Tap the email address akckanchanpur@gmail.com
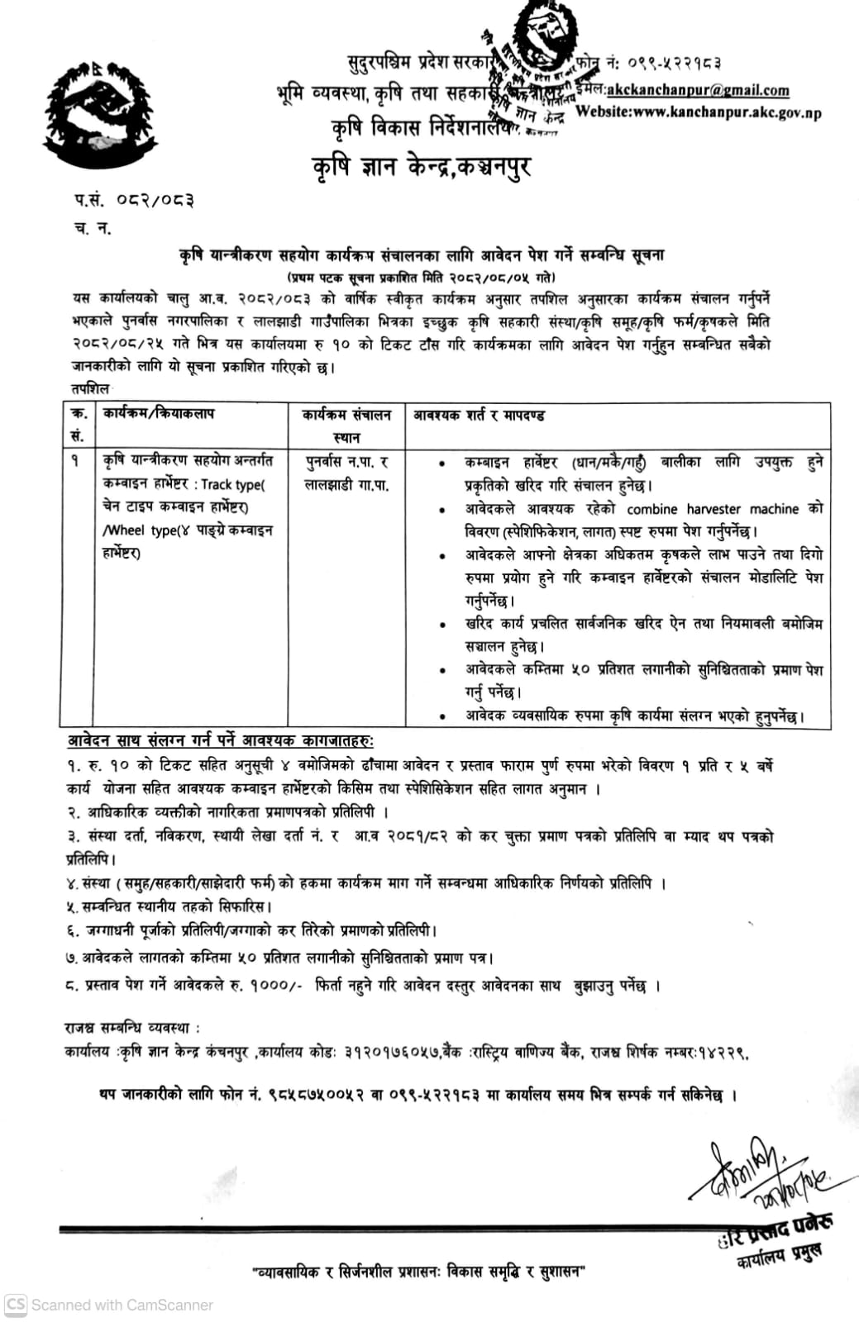click(698, 90)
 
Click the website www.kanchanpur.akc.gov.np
click(698, 112)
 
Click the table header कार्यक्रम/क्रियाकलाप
click(158, 413)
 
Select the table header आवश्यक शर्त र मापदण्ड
click(479, 415)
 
